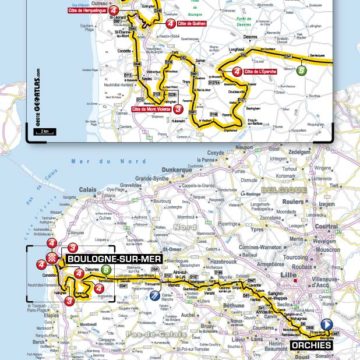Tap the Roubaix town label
pos(299,270)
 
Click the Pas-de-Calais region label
pos(150,330)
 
